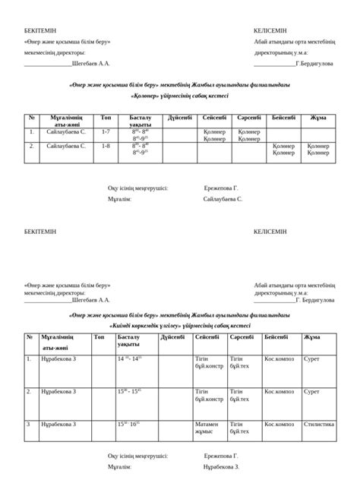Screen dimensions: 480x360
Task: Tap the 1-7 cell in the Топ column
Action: coord(106,132)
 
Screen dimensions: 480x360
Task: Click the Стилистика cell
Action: coord(318,425)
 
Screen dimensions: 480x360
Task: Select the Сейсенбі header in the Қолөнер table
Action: coord(215,118)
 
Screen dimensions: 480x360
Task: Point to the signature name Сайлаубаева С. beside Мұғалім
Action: coord(223,198)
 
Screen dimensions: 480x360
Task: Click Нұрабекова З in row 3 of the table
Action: coord(58,424)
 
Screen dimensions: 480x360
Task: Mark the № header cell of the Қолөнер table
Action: coord(31,118)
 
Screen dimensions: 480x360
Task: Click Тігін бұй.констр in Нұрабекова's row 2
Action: coord(209,395)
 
